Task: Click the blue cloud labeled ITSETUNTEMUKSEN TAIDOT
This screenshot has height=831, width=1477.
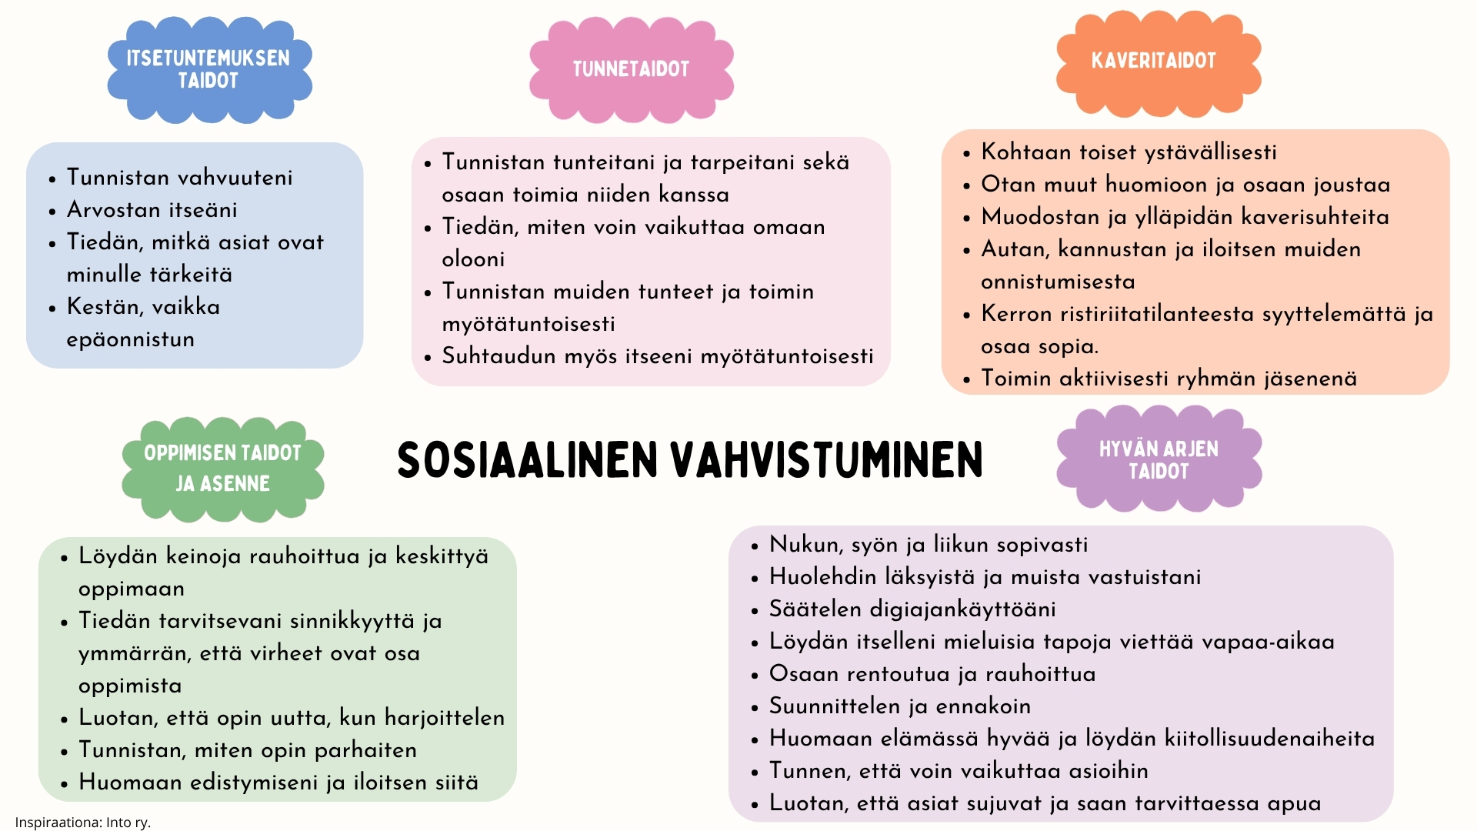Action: tap(209, 70)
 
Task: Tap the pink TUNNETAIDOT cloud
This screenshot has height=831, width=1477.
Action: tap(631, 70)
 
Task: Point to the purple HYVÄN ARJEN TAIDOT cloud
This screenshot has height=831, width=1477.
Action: tap(1159, 459)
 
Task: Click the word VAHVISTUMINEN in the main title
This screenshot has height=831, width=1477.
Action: tap(827, 460)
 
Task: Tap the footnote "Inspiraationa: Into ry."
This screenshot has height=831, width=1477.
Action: tap(83, 823)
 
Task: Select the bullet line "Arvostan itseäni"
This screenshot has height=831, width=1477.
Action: tap(152, 209)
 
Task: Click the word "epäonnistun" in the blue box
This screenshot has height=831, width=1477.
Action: tap(130, 339)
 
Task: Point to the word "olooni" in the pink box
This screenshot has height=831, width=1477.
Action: tap(473, 259)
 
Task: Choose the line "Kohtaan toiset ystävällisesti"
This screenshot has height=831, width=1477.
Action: tap(1129, 152)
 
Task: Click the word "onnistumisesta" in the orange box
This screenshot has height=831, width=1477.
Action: tap(1058, 282)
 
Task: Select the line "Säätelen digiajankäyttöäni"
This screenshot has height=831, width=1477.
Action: tap(912, 609)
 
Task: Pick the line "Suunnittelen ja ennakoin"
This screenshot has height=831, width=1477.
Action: tap(900, 706)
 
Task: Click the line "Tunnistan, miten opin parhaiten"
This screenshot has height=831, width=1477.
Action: tap(248, 750)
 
